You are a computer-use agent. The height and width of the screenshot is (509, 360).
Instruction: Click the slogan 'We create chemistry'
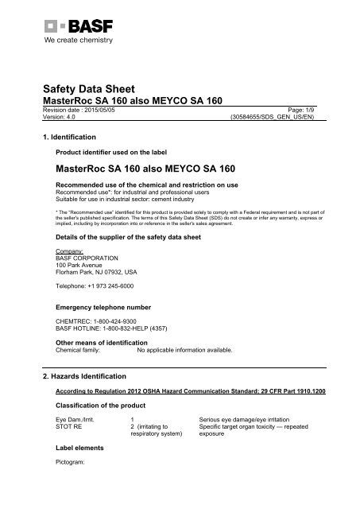click(75, 39)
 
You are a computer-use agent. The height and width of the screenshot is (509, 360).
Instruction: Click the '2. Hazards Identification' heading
click(84, 374)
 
